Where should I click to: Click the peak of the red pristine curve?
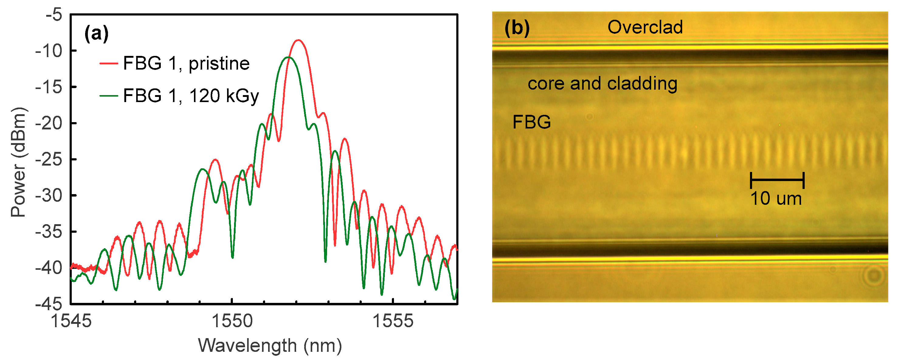tap(298, 40)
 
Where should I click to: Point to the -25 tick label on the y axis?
tap(49, 159)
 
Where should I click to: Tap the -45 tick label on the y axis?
tap(49, 304)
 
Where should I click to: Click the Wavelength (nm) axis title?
tap(270, 346)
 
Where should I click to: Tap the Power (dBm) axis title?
tap(18, 162)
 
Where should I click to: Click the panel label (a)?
tap(96, 34)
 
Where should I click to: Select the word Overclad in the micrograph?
tap(645, 27)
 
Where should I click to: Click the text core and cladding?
tap(603, 84)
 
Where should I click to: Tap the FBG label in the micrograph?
tap(531, 122)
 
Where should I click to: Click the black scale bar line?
tap(777, 180)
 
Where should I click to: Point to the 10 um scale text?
tap(776, 199)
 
